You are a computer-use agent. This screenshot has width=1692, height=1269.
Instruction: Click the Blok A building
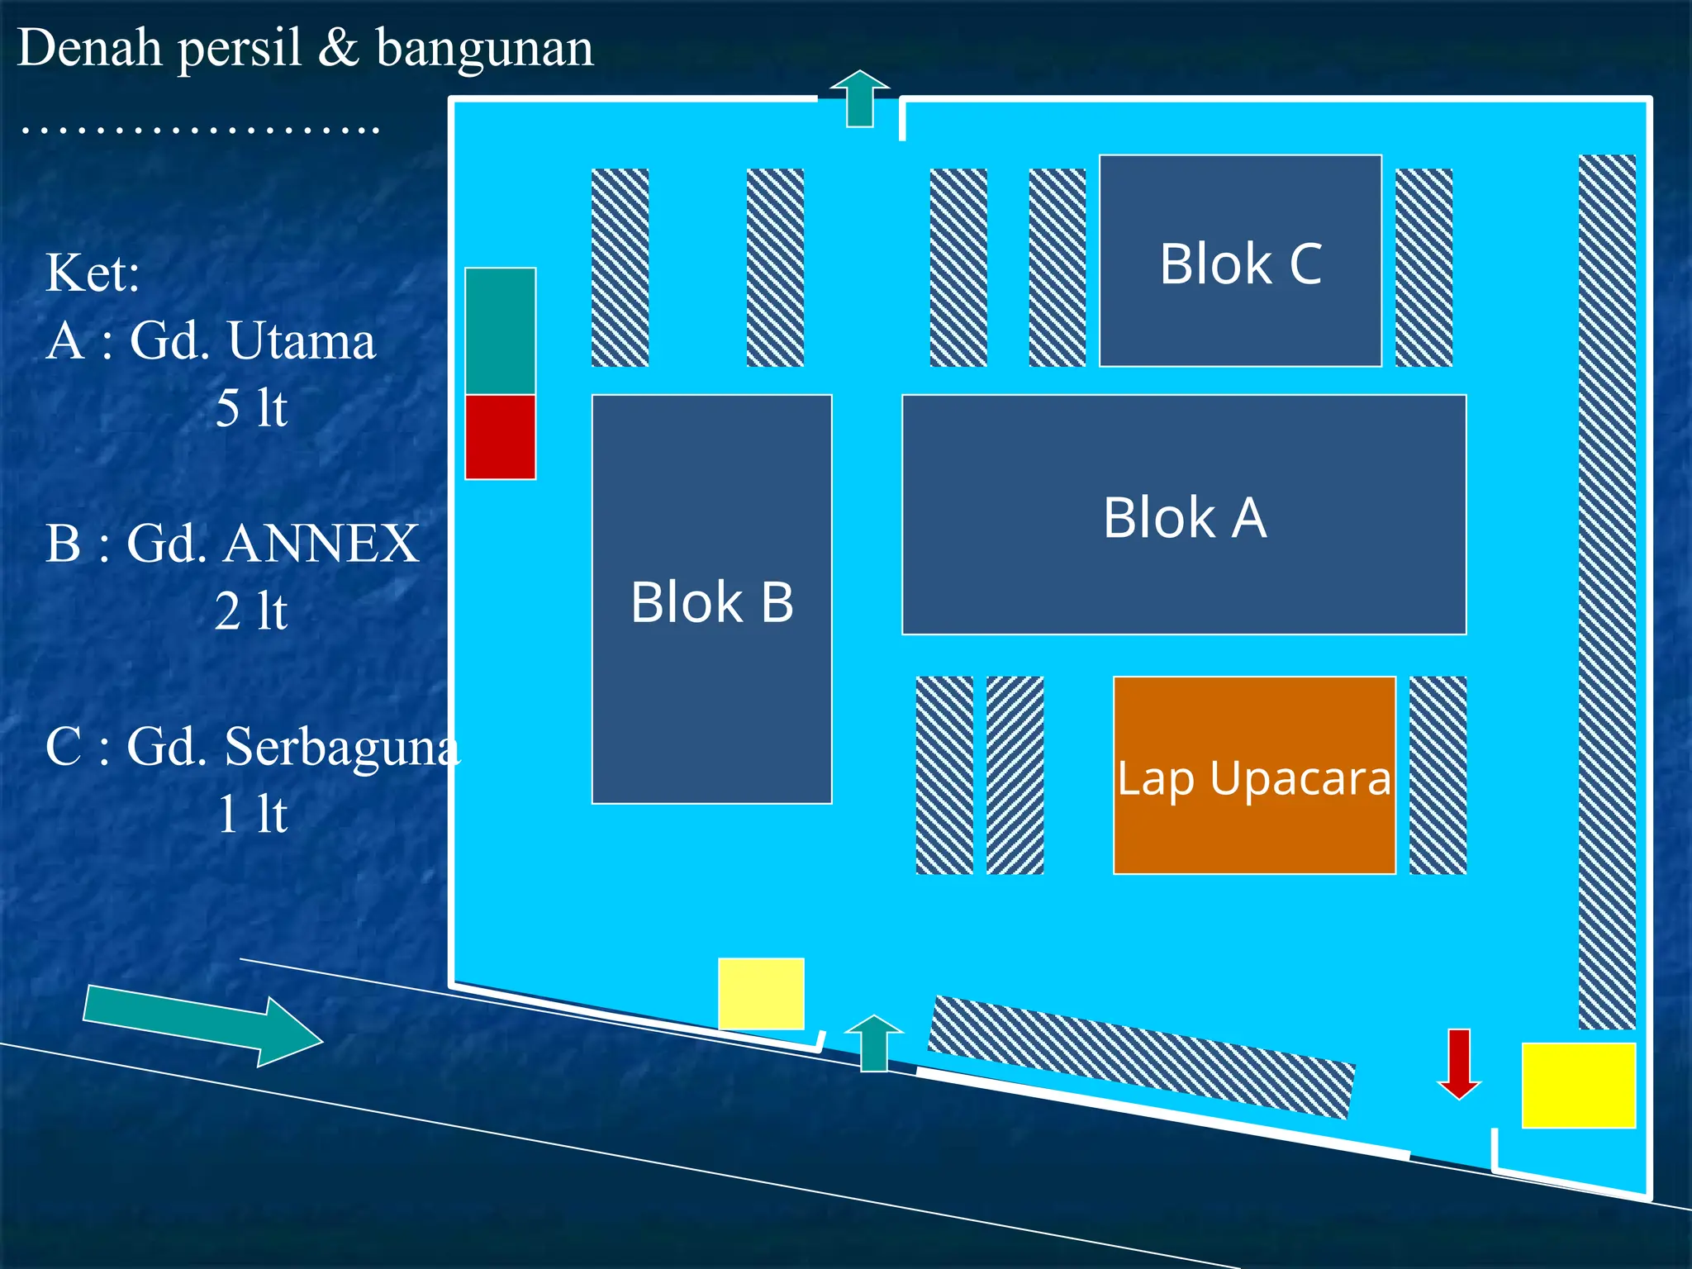(x=1184, y=515)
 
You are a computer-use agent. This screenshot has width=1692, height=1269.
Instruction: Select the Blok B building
(x=712, y=599)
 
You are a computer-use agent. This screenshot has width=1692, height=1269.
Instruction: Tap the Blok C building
(x=1240, y=260)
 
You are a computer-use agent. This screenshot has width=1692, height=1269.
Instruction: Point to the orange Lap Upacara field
(x=1254, y=775)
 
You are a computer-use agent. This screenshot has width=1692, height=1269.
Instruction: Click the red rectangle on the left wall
(x=501, y=437)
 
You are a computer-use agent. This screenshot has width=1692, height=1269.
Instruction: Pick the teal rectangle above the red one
(x=501, y=331)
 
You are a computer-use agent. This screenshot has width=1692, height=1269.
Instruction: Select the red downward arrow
(x=1459, y=1064)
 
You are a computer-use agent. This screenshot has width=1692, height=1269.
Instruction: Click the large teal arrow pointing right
(x=203, y=1025)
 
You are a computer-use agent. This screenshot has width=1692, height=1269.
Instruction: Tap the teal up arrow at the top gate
(x=860, y=98)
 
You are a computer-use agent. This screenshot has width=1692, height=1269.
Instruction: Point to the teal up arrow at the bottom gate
(x=874, y=1043)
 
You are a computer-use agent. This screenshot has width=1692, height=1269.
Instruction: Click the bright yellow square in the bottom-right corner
(x=1579, y=1086)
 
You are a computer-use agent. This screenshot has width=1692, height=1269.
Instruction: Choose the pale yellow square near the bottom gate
(x=761, y=994)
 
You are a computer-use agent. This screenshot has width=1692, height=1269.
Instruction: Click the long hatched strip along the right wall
(x=1607, y=592)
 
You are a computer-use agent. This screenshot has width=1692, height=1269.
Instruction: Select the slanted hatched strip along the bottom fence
(x=1142, y=1057)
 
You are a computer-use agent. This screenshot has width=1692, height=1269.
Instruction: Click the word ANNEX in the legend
(x=321, y=544)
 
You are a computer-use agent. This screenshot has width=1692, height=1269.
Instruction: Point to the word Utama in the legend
(x=302, y=340)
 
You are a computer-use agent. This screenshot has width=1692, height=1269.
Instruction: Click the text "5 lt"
(x=251, y=408)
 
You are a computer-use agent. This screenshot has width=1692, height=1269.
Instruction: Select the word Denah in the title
(x=89, y=47)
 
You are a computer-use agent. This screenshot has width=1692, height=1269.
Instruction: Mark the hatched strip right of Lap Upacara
(x=1438, y=775)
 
